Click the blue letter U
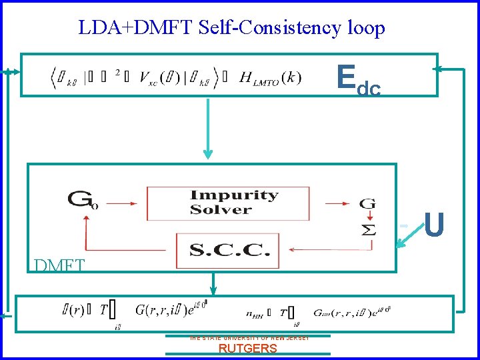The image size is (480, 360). point(434,225)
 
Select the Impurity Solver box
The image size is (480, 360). point(229,203)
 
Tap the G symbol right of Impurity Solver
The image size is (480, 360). point(367,203)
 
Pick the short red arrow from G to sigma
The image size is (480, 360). point(367,215)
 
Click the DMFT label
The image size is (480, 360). point(59,266)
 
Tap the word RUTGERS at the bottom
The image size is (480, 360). point(248,348)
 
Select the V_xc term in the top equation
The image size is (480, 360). point(156,78)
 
